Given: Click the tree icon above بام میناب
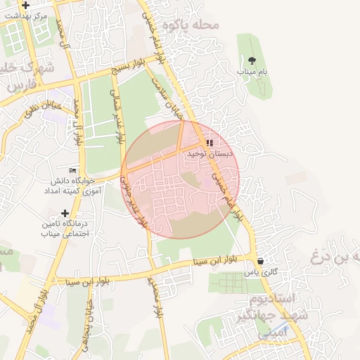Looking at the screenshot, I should click(252, 59).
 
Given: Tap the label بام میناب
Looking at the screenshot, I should click(251, 71).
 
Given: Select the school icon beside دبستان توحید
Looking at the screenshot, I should click(209, 143).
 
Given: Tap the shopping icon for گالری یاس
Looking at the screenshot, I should click(260, 261).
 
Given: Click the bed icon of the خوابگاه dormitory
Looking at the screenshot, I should click(73, 170).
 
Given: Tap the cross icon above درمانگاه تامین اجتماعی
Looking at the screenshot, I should click(65, 212).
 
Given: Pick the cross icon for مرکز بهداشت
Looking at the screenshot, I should click(25, 5).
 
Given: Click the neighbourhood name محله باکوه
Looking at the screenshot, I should click(191, 25).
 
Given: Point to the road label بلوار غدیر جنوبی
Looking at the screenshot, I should click(134, 200).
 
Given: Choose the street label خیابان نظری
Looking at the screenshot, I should click(44, 108).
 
